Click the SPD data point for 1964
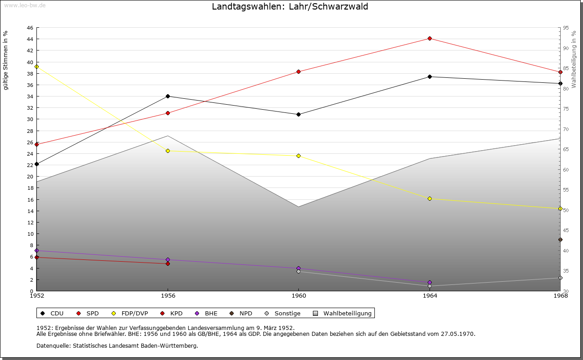pyautogui.click(x=430, y=38)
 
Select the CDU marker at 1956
pyautogui.click(x=168, y=96)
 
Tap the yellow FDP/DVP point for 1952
pyautogui.click(x=37, y=66)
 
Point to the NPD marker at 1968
pyautogui.click(x=560, y=239)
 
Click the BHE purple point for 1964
pyautogui.click(x=430, y=283)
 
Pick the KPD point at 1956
pyautogui.click(x=168, y=264)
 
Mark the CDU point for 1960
pyautogui.click(x=298, y=114)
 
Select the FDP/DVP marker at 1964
pyautogui.click(x=430, y=198)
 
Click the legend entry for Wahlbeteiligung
pyautogui.click(x=348, y=313)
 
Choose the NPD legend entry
pyautogui.click(x=245, y=313)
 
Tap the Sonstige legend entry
pyautogui.click(x=287, y=313)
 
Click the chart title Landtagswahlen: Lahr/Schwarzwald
pyautogui.click(x=290, y=7)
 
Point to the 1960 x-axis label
pyautogui.click(x=298, y=296)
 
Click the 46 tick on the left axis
pyautogui.click(x=30, y=28)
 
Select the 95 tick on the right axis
pyautogui.click(x=566, y=28)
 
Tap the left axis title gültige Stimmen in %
pyautogui.click(x=6, y=60)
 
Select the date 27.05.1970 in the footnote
pyautogui.click(x=458, y=334)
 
